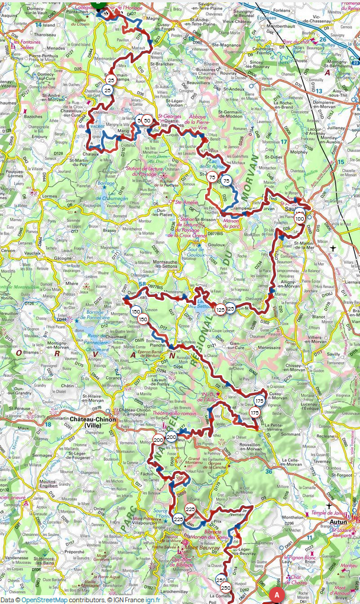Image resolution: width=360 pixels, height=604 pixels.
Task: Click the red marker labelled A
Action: click(x=275, y=593)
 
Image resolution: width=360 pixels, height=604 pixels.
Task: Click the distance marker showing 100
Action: click(x=299, y=219)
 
